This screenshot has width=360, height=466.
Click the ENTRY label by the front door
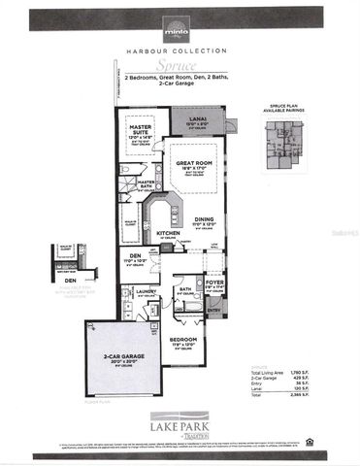pos(214,310)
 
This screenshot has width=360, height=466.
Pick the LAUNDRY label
pos(147,290)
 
